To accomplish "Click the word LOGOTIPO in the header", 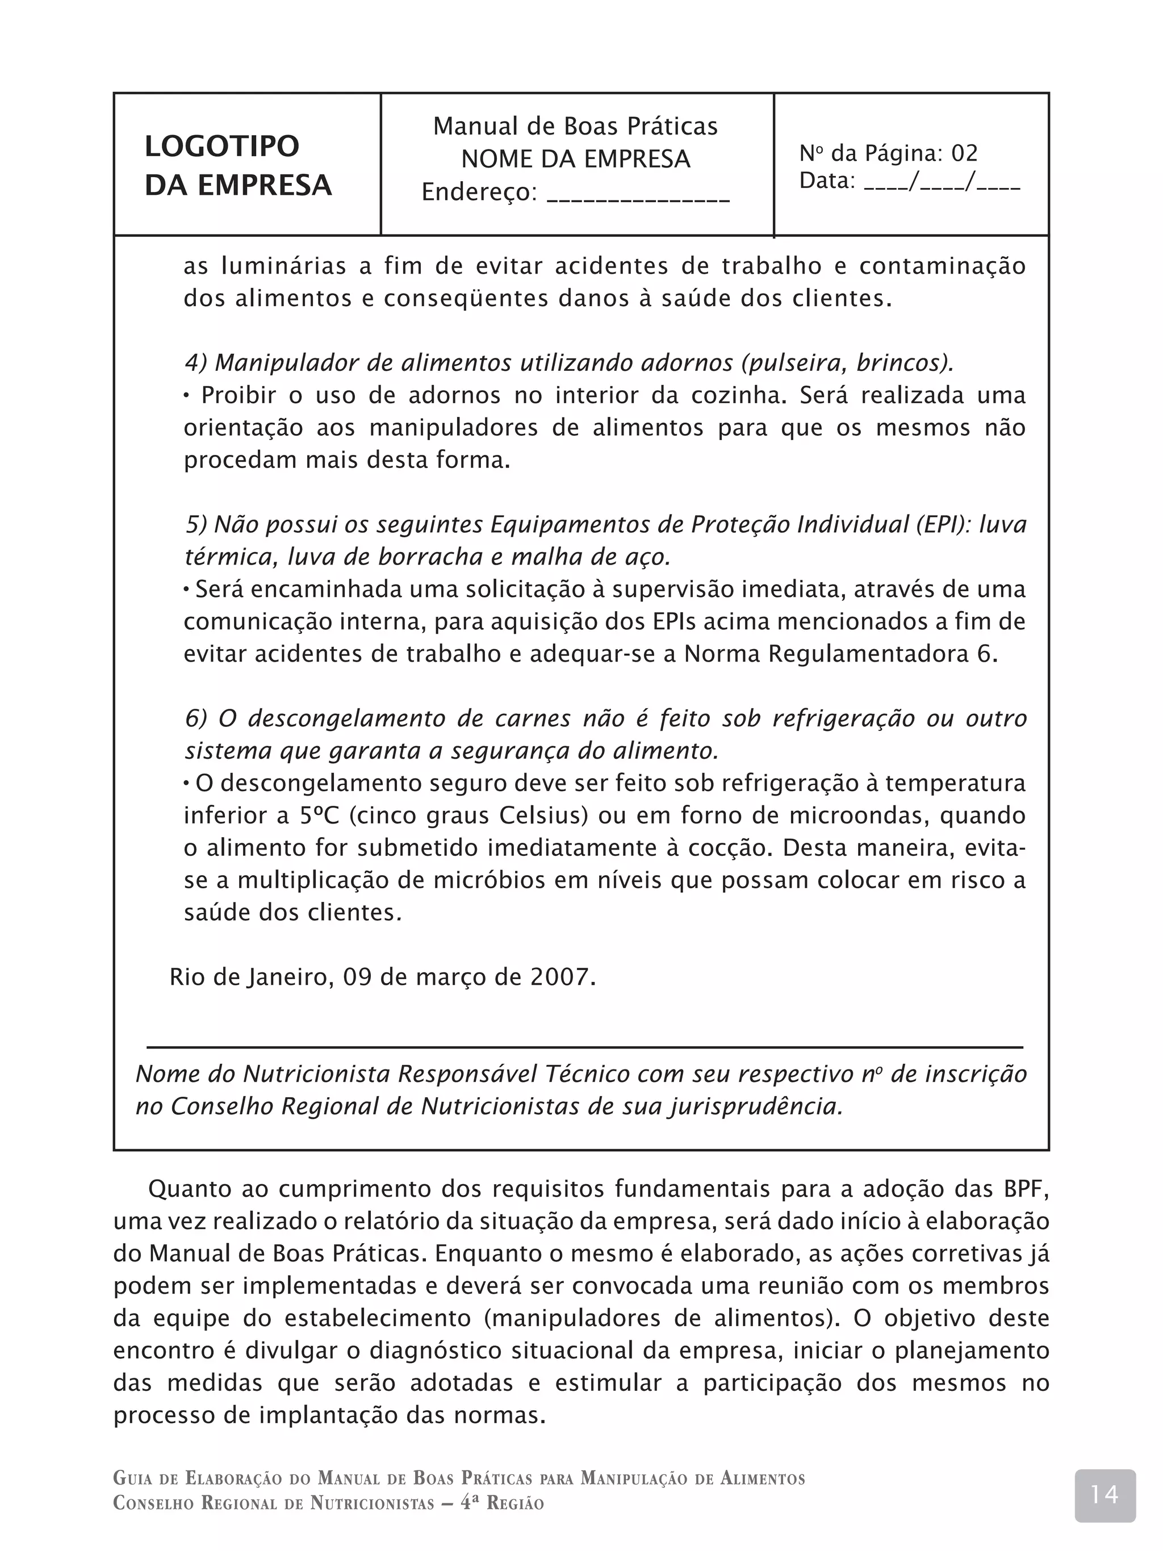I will click(x=221, y=147).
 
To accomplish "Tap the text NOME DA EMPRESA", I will click(x=576, y=159).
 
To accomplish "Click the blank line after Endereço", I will click(x=638, y=194).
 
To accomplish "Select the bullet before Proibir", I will click(x=187, y=396).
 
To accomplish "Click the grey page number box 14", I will click(x=1105, y=1495).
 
